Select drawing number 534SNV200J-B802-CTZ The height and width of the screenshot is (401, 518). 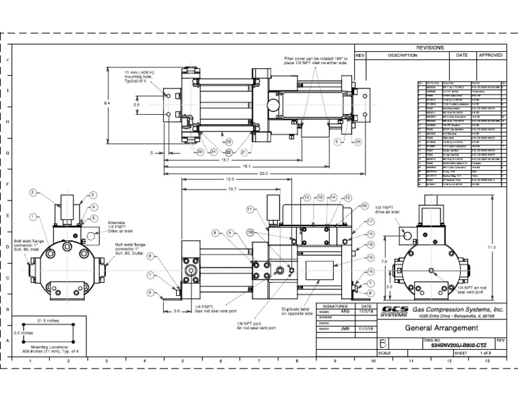tap(453, 345)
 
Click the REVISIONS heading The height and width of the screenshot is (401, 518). tap(430, 49)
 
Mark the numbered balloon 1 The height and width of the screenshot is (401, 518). tap(32, 216)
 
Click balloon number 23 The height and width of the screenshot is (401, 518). tap(229, 141)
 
